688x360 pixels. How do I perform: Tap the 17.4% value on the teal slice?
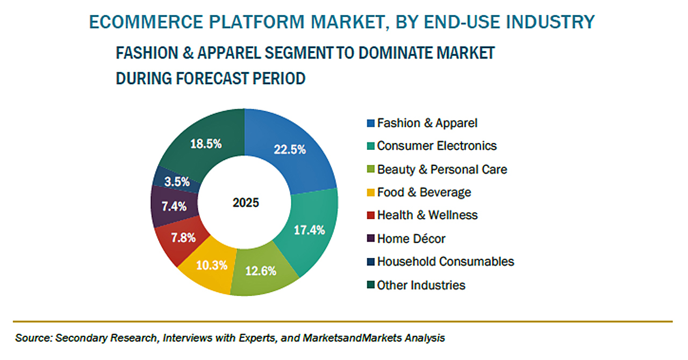[x=309, y=231]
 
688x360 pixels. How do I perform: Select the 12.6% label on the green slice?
[x=261, y=270]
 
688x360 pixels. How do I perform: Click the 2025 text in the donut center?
[x=246, y=203]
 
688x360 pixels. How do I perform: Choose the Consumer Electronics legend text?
[x=437, y=146]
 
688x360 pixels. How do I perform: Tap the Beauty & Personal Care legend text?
[x=442, y=169]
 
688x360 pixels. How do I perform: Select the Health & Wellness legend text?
[x=427, y=215]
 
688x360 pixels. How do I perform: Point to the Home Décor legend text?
[x=411, y=238]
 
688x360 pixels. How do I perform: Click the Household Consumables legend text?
[x=446, y=261]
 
